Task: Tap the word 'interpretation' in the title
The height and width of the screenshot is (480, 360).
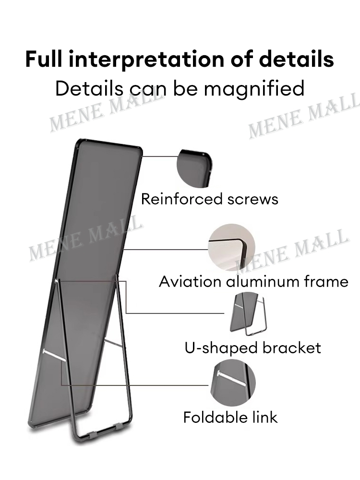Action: (146, 60)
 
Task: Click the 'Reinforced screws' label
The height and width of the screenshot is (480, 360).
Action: (209, 199)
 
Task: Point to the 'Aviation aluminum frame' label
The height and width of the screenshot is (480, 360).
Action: (253, 282)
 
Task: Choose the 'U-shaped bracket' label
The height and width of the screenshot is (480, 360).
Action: (253, 348)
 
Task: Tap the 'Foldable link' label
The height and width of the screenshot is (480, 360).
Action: (230, 417)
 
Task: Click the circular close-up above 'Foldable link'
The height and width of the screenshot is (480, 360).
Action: (233, 383)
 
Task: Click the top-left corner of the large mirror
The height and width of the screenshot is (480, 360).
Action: (79, 141)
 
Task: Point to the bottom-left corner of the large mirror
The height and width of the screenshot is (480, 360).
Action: (30, 426)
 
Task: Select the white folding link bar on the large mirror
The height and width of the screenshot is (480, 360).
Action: (55, 354)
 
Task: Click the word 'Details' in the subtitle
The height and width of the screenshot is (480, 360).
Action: (89, 88)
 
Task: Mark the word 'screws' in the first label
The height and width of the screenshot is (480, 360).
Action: (252, 200)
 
